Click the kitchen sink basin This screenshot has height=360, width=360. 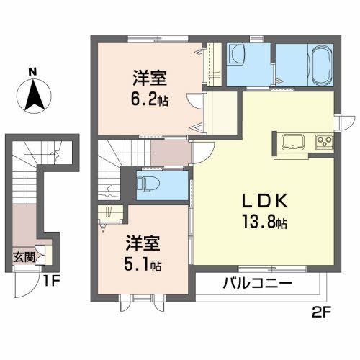pos(294,140)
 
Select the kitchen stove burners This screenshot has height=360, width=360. pos(323,140)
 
